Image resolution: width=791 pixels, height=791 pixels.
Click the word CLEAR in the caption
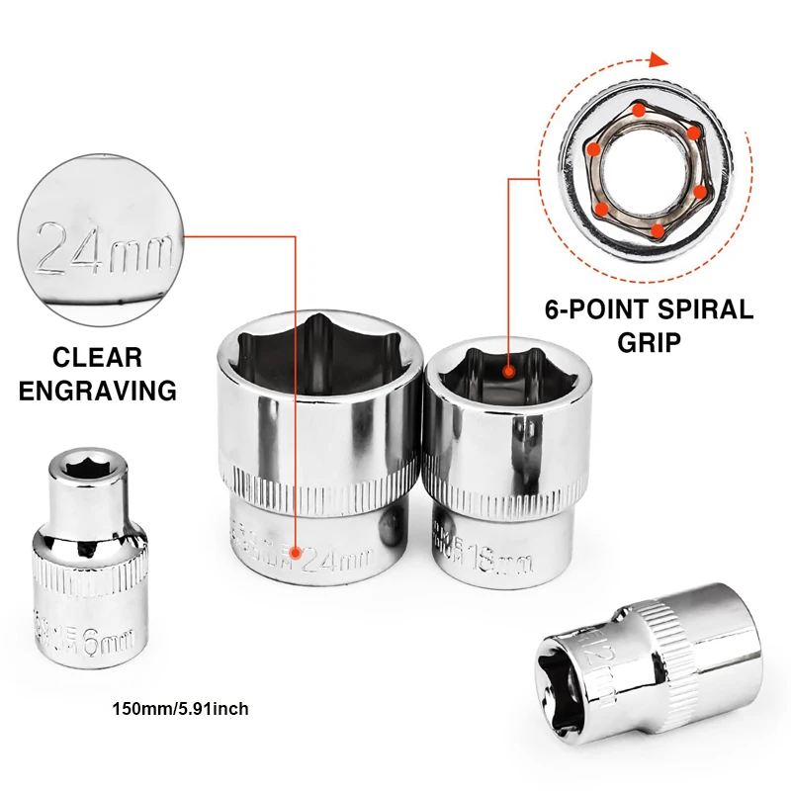[97, 357]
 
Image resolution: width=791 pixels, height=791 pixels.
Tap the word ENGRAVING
[97, 390]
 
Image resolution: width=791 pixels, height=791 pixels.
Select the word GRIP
[649, 342]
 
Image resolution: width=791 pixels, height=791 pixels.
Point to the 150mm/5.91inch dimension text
[180, 708]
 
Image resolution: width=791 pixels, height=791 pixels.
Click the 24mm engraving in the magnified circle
[103, 247]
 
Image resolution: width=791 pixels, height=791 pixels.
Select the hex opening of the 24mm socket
[318, 358]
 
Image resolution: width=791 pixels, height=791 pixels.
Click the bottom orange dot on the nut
[656, 229]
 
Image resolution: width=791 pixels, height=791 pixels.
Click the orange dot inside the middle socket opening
[509, 373]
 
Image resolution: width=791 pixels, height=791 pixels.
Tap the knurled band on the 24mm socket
[318, 491]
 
